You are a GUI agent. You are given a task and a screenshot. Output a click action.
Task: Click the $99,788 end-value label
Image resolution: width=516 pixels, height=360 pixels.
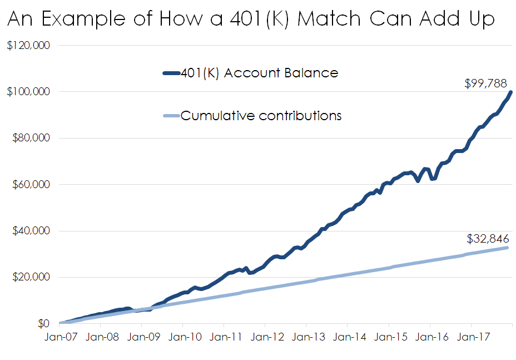click(x=485, y=83)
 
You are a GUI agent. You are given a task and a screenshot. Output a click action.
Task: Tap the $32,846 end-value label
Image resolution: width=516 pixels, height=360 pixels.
click(x=488, y=239)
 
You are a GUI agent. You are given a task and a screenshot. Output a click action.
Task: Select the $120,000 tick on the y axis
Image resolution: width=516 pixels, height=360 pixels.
click(x=28, y=45)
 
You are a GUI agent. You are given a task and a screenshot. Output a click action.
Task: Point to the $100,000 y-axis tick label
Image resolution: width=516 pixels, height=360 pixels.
click(x=28, y=91)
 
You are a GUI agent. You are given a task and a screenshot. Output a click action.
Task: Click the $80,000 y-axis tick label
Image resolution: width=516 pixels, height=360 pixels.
click(x=31, y=138)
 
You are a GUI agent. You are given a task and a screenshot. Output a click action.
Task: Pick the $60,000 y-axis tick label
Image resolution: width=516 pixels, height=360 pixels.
click(x=31, y=184)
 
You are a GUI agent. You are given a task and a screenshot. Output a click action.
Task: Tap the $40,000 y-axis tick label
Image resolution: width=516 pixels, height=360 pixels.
click(x=31, y=231)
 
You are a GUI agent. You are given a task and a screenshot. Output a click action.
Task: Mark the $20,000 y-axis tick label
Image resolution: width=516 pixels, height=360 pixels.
click(x=31, y=277)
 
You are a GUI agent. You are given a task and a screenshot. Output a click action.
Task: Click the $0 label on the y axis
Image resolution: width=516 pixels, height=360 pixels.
click(x=43, y=323)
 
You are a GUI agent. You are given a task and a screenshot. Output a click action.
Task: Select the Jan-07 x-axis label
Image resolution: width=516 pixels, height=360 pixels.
click(x=61, y=337)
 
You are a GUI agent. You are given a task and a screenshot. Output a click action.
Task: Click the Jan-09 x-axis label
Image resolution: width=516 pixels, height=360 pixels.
click(x=143, y=337)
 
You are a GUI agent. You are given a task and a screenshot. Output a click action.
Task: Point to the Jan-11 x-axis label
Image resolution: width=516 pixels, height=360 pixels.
click(x=225, y=337)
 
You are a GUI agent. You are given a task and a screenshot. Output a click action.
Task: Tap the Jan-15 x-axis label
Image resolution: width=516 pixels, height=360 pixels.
click(x=390, y=337)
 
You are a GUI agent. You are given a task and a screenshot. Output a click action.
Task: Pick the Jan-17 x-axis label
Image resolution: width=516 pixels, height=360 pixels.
click(x=472, y=337)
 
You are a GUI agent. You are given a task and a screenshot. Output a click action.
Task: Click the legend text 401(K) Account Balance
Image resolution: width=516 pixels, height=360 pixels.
click(x=259, y=73)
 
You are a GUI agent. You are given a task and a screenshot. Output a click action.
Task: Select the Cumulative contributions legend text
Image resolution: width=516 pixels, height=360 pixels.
click(x=261, y=116)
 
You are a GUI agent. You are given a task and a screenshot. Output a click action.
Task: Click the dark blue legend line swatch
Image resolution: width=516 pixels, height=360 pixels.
click(x=170, y=73)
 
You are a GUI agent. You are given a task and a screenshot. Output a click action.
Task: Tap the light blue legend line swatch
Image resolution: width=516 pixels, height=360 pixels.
click(x=170, y=116)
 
